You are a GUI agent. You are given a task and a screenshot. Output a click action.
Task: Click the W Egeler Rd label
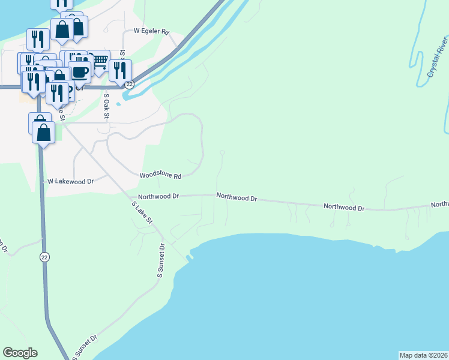[x=151, y=30]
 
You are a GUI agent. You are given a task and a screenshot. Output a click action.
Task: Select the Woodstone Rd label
[x=160, y=176]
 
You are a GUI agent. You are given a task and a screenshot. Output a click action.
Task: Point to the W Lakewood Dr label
[x=71, y=181]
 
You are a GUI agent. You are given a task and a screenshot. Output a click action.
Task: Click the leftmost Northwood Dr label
[x=158, y=196]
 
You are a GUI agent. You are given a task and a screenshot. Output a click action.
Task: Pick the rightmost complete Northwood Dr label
[x=344, y=207]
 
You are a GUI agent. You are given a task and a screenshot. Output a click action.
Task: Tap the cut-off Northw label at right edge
[x=439, y=205]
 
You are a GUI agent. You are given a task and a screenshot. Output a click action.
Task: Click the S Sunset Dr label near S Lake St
[x=161, y=260]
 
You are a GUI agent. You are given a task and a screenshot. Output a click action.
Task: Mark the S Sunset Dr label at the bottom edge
[x=85, y=348]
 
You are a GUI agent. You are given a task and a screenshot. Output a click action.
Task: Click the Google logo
[x=20, y=353]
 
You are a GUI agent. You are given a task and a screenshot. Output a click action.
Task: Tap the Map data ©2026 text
[x=424, y=355]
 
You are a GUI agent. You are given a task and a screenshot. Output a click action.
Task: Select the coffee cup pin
[x=79, y=72]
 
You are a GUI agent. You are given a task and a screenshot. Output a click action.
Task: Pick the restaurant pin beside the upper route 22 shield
[x=120, y=70]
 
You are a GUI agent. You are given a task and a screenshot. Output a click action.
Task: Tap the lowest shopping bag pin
[x=44, y=133]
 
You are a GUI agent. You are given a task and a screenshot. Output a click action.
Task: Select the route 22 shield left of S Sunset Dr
[x=44, y=257]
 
